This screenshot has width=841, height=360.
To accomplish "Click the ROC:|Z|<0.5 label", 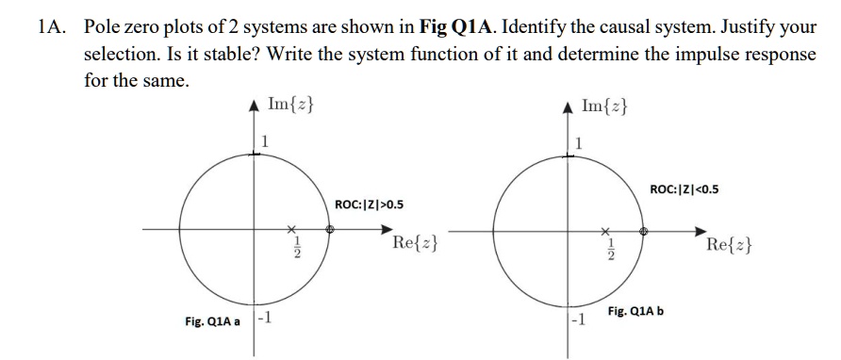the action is [x=684, y=188].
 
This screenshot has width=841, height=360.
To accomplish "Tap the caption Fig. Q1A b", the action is [x=636, y=311].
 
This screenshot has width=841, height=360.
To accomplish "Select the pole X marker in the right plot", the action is [x=605, y=229].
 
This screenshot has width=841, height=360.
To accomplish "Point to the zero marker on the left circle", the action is [x=329, y=228].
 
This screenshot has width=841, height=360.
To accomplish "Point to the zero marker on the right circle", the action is [x=643, y=229].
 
